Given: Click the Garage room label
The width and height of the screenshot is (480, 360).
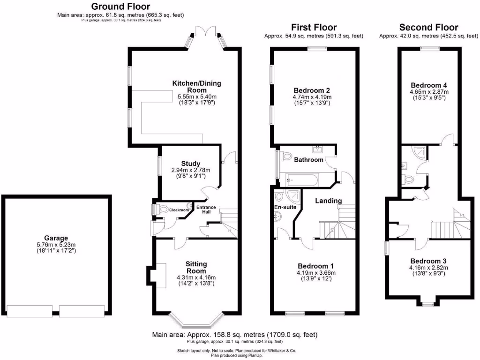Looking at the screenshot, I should click(x=56, y=238).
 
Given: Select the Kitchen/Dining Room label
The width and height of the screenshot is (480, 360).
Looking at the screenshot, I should click(x=196, y=87).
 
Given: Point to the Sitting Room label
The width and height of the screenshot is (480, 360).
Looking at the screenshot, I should click(x=196, y=268).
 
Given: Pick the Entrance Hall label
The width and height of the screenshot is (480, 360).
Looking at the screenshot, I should click(x=206, y=210).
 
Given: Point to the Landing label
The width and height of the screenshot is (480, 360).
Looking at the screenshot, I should click(x=329, y=201).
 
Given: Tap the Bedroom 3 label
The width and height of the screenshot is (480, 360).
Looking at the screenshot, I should click(x=428, y=261).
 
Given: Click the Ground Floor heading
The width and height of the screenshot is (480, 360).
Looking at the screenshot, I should click(x=120, y=7).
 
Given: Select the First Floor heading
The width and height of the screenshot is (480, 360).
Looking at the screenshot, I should click(x=314, y=27).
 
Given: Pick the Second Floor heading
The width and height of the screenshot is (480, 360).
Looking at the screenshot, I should click(x=428, y=27).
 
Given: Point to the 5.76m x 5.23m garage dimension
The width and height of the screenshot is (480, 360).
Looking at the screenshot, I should click(x=56, y=245).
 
